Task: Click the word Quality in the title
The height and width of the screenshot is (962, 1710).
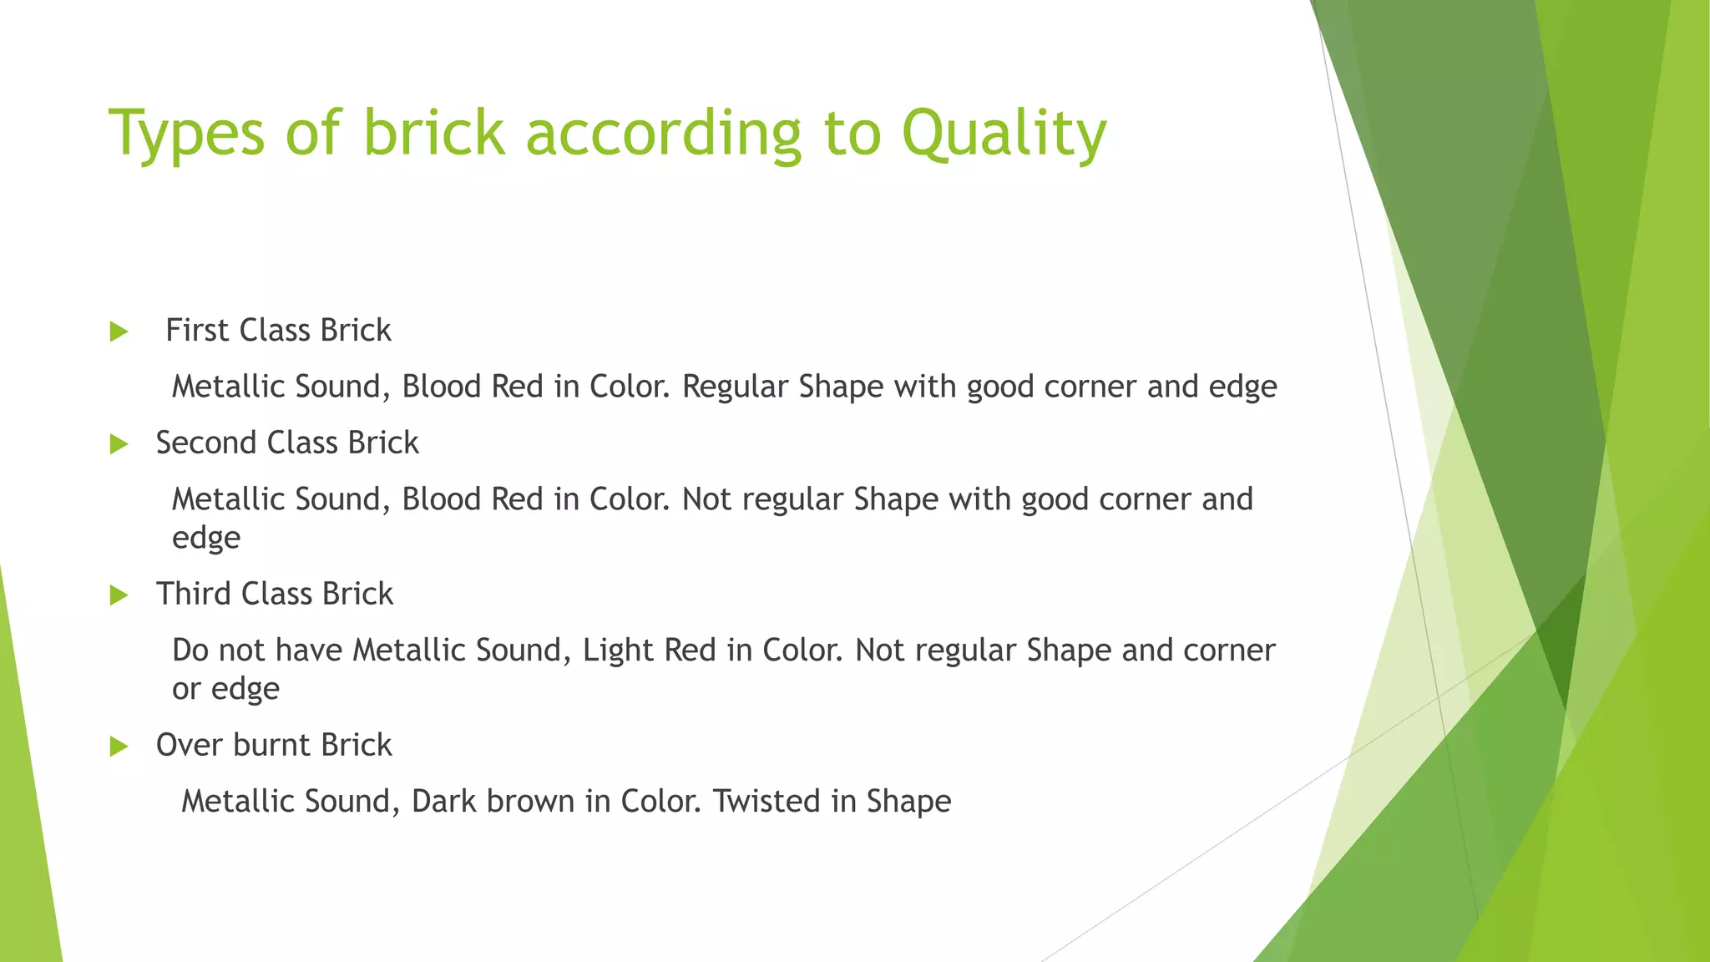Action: (1004, 134)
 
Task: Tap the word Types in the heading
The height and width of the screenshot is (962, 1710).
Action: (186, 134)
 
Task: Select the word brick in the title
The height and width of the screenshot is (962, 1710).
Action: (434, 134)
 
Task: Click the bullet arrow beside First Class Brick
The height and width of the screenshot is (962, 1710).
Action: (119, 332)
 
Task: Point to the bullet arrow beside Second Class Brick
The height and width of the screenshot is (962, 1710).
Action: (119, 444)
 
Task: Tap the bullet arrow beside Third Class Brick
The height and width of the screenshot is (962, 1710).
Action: (119, 595)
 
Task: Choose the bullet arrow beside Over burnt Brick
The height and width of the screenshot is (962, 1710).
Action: (119, 747)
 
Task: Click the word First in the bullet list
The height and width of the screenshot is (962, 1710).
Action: (197, 331)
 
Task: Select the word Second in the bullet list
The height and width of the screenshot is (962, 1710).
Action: (205, 443)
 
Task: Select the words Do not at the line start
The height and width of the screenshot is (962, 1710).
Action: (218, 650)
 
